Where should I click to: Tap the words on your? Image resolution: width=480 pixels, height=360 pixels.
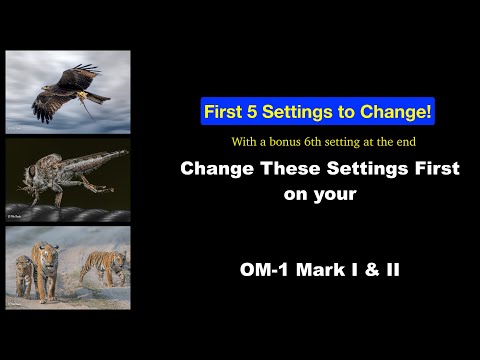[320, 194]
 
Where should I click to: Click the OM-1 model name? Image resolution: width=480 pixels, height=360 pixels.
[265, 270]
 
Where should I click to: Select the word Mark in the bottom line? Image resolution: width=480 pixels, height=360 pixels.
[322, 270]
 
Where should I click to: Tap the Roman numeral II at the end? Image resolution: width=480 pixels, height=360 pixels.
[392, 270]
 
